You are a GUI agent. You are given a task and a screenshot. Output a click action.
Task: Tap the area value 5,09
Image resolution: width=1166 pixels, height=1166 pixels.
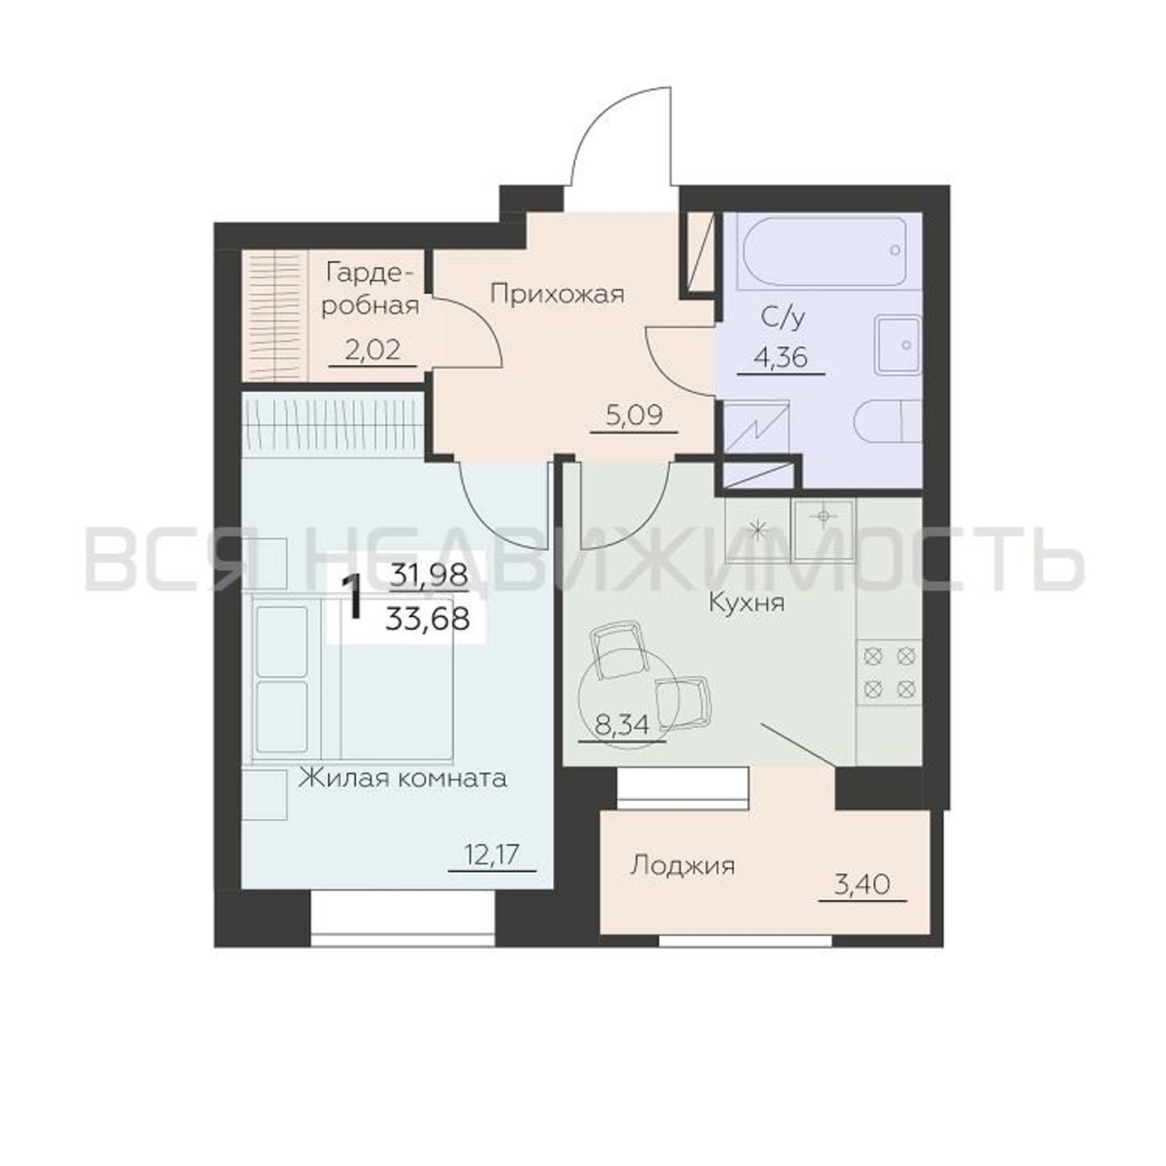coord(634,415)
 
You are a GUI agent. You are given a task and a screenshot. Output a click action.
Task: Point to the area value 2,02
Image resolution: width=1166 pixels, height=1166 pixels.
coord(373,350)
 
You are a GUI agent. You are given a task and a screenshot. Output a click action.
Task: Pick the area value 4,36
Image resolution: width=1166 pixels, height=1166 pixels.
coord(781,359)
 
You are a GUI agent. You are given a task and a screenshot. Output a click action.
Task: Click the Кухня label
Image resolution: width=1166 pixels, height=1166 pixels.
coord(747,603)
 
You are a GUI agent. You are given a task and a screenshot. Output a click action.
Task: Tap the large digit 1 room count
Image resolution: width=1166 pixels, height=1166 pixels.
coord(353,598)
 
